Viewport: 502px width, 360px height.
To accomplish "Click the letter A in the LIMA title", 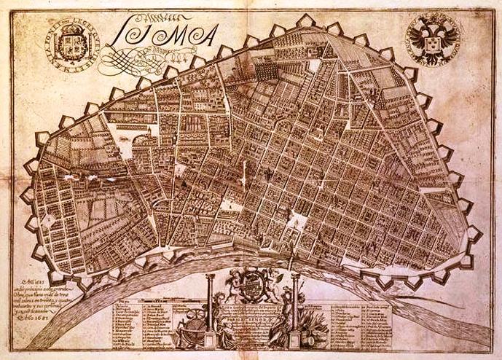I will coord(207,34).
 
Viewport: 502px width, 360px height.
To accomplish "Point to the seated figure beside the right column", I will coord(281,324).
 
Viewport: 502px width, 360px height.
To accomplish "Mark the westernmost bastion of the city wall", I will coord(30,195).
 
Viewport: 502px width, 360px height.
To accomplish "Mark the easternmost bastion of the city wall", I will coord(474,233).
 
